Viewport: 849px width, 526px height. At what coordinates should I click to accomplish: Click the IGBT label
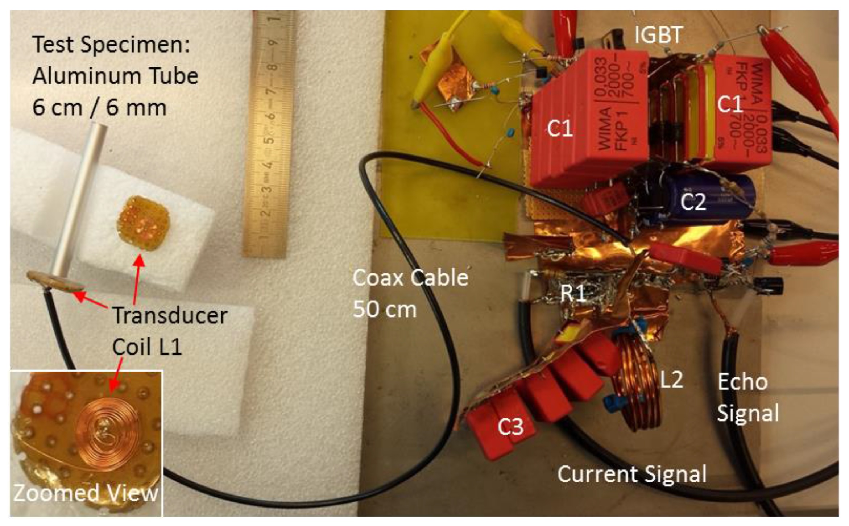(658, 35)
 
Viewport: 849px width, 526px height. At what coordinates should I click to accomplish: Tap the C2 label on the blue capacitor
(693, 202)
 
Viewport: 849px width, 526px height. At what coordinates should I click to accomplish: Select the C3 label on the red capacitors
(510, 427)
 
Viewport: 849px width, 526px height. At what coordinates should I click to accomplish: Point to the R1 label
(573, 293)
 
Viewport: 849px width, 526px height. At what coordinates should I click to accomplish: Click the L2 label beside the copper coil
(671, 380)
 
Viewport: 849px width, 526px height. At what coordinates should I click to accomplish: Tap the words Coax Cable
(410, 278)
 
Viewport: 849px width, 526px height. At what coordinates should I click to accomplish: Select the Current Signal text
(631, 474)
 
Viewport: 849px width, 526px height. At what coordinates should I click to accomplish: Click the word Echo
(742, 382)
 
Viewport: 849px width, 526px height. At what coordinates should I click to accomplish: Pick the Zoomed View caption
(86, 493)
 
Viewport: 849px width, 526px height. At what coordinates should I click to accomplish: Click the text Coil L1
(147, 347)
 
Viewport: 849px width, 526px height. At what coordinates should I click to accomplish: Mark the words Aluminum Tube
(115, 76)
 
